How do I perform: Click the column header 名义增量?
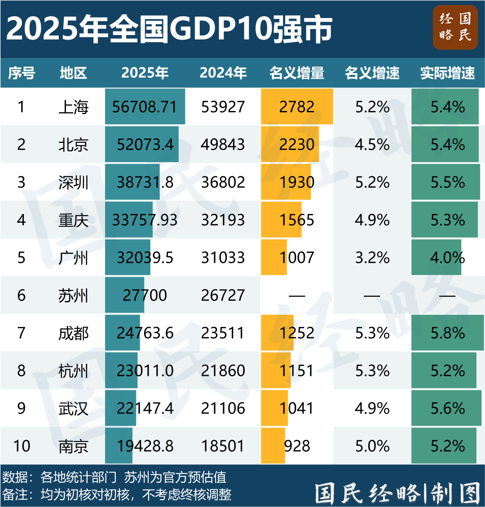tap(297, 73)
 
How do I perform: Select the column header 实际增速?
tap(447, 73)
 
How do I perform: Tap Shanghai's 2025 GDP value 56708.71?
tap(145, 107)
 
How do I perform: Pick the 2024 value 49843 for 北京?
tap(223, 145)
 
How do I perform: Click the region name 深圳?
tap(73, 182)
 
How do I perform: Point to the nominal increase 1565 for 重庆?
tap(297, 220)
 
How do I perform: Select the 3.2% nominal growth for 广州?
tap(372, 258)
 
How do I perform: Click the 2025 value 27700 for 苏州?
tap(145, 295)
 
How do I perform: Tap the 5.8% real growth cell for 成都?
tap(447, 333)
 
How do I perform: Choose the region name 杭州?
tap(73, 371)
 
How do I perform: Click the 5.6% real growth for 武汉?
tap(447, 409)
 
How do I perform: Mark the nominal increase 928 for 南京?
tap(297, 446)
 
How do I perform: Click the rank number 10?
tap(22, 446)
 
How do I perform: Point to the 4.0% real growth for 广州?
tap(447, 258)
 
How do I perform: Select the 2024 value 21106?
tap(223, 409)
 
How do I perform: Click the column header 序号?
tap(22, 73)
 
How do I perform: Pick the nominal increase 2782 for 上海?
tap(297, 107)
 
